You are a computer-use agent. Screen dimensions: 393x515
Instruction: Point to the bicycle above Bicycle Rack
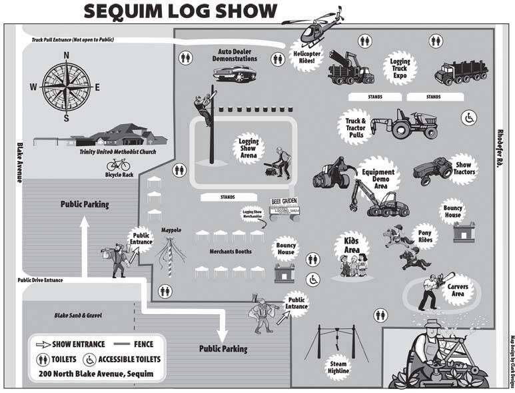click(117, 163)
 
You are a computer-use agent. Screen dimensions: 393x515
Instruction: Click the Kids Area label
click(351, 246)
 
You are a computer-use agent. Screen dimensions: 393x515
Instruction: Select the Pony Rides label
click(425, 238)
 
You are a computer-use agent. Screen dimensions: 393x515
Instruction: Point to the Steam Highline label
click(338, 368)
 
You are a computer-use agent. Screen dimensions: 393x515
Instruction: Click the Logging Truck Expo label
click(400, 69)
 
